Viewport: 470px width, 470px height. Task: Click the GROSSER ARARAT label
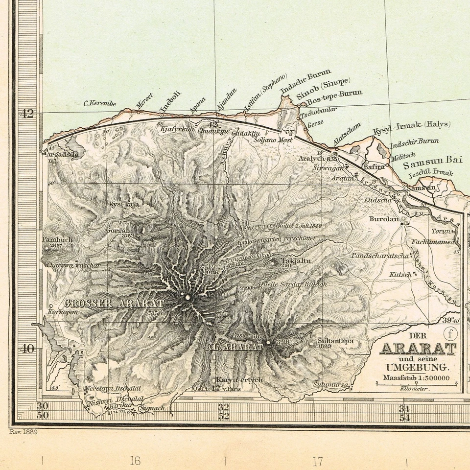coord(114,304)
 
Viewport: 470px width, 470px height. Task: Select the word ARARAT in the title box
coord(418,349)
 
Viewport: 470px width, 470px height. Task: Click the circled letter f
coord(450,334)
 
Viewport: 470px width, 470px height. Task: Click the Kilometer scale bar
coord(417,384)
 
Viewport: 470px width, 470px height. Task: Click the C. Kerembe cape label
coord(100,103)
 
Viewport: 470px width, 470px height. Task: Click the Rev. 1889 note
coord(24,432)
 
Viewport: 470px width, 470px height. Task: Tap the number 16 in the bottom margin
coord(135,461)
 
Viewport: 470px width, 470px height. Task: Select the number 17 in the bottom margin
coord(318,461)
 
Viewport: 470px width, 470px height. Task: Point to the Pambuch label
coord(57,240)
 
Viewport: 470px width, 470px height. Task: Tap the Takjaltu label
coord(296,261)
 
